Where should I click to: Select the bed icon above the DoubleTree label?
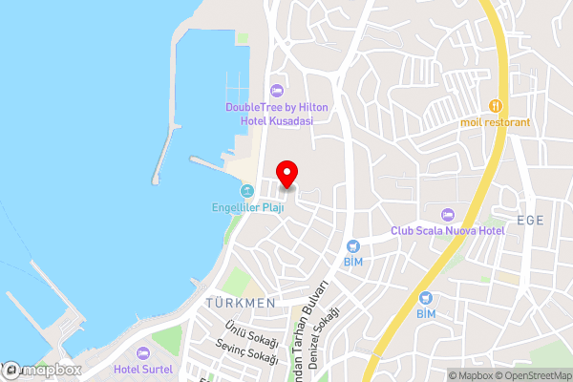(x=277, y=91)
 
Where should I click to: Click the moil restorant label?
(x=495, y=122)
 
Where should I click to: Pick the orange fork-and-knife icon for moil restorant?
(x=495, y=105)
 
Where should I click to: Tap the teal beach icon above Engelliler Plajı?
(x=248, y=190)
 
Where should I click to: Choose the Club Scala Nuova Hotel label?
(x=447, y=231)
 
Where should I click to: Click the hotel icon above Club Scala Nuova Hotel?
(x=448, y=214)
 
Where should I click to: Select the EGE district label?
(x=529, y=221)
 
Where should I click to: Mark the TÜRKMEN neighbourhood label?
(x=240, y=303)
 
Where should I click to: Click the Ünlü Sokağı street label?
(x=250, y=335)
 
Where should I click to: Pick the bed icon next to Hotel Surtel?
(x=143, y=353)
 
